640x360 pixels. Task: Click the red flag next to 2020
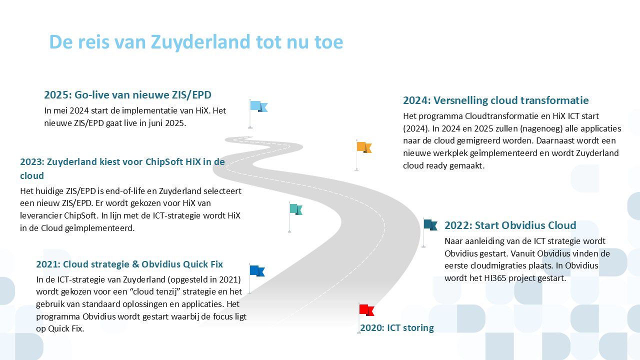(x=366, y=310)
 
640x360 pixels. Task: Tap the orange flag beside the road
(x=364, y=147)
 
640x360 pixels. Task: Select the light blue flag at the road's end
(x=259, y=106)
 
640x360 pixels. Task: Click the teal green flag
(x=296, y=209)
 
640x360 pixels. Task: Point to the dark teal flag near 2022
(x=430, y=224)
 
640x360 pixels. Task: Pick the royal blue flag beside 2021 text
(x=257, y=270)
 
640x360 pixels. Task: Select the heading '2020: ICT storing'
(x=397, y=327)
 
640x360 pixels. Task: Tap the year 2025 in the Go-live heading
(x=57, y=95)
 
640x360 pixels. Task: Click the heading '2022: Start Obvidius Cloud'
(x=510, y=225)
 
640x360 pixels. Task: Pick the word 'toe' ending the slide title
(x=328, y=42)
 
